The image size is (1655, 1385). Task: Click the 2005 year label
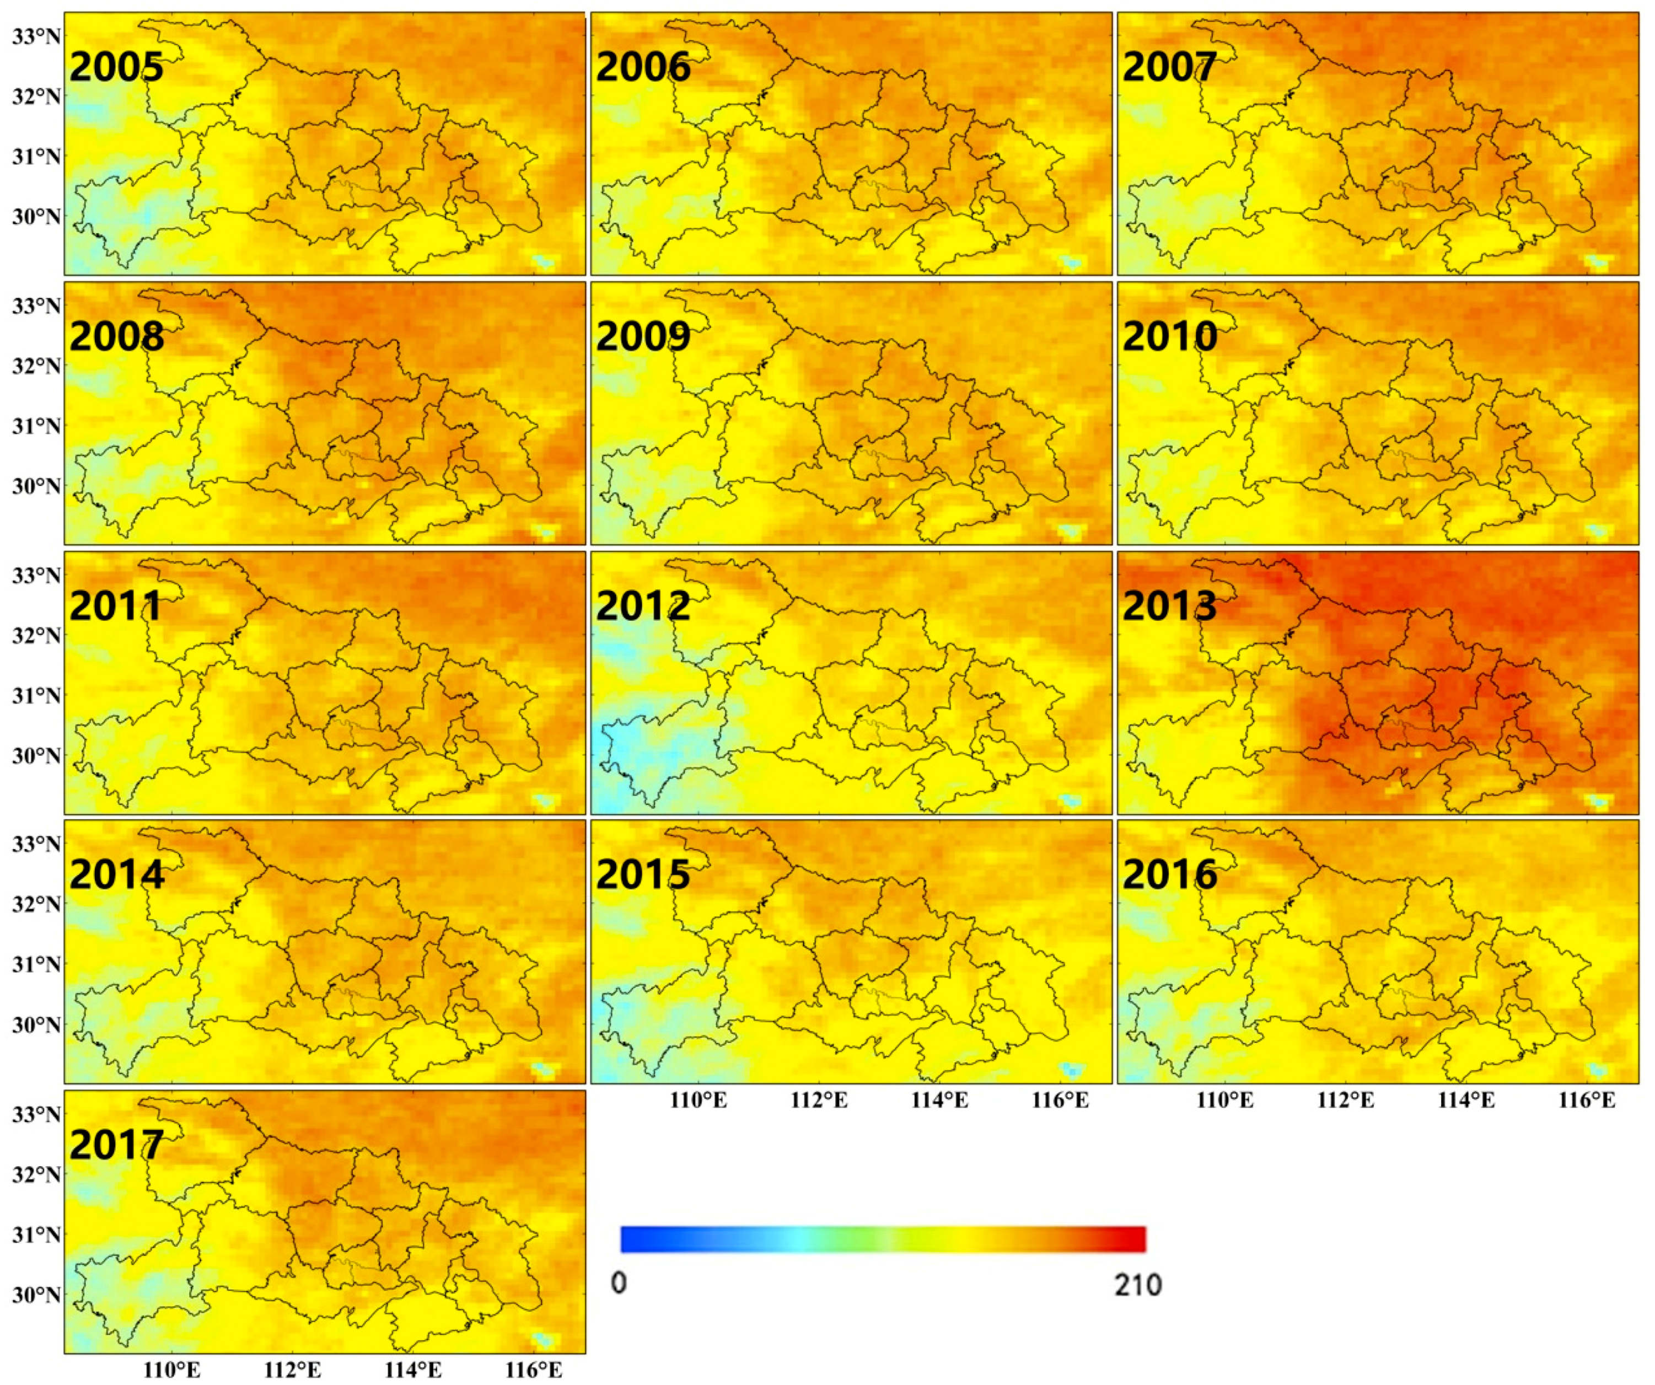(x=117, y=67)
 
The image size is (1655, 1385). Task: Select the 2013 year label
(x=1169, y=606)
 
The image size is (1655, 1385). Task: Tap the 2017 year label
(x=117, y=1145)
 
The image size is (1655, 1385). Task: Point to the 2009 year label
(x=643, y=336)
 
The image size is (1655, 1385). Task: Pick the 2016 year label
(x=1169, y=875)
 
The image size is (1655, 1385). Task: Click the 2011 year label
(x=117, y=606)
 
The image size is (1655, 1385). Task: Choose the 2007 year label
(x=1169, y=67)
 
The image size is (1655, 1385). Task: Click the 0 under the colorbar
(x=620, y=1284)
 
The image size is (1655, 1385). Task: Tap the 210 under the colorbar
(x=1137, y=1285)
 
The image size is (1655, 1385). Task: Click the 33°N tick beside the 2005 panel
(x=35, y=36)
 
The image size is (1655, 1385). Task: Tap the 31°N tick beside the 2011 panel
(x=35, y=695)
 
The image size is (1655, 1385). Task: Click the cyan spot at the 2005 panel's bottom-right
(x=543, y=260)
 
